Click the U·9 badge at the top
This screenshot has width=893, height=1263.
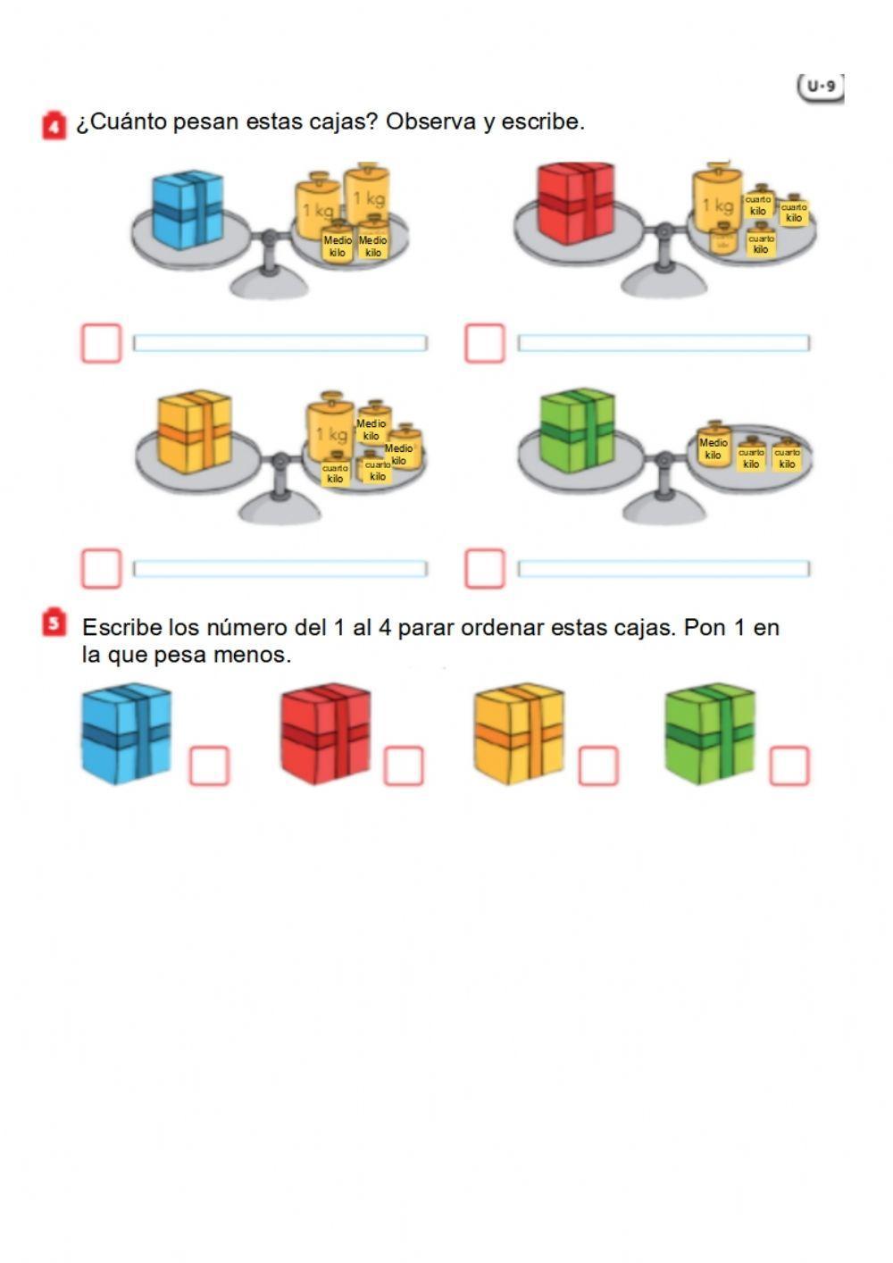pyautogui.click(x=820, y=87)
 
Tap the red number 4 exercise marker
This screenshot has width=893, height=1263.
pyautogui.click(x=54, y=126)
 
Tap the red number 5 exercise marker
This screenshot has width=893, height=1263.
pyautogui.click(x=54, y=623)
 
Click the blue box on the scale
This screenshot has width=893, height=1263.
pyautogui.click(x=188, y=210)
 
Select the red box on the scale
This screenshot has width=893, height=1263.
pyautogui.click(x=576, y=203)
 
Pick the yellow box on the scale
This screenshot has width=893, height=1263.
pyautogui.click(x=195, y=431)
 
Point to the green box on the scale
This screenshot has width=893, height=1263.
pyautogui.click(x=577, y=430)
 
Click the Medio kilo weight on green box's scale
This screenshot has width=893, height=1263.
pyautogui.click(x=714, y=447)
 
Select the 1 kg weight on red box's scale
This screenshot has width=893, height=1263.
pyautogui.click(x=717, y=205)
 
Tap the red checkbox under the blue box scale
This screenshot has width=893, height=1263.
pyautogui.click(x=101, y=343)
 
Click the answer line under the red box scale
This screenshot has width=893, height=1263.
pyautogui.click(x=663, y=343)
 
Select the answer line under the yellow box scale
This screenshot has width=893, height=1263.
pyautogui.click(x=280, y=568)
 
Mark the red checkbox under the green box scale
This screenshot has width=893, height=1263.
pyautogui.click(x=485, y=568)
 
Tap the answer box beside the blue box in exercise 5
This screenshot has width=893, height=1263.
pyautogui.click(x=209, y=766)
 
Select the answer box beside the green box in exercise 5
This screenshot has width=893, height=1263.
pyautogui.click(x=789, y=766)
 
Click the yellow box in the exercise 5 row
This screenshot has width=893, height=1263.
pyautogui.click(x=519, y=733)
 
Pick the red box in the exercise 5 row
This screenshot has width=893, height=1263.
pyautogui.click(x=325, y=733)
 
